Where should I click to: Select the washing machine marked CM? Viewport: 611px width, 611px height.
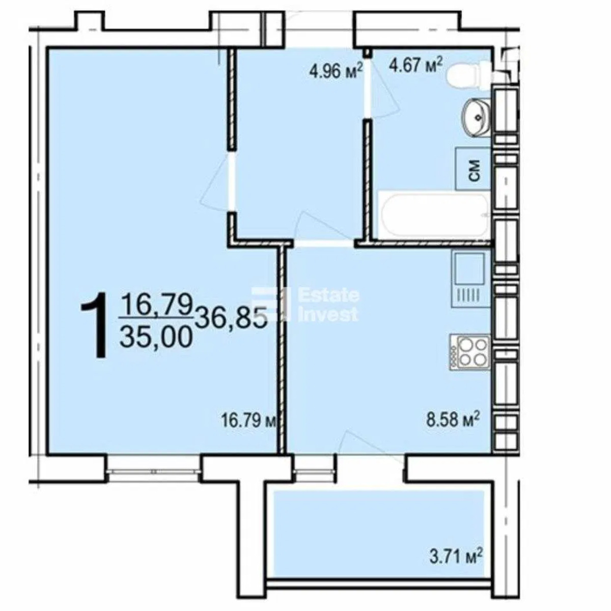click(x=473, y=169)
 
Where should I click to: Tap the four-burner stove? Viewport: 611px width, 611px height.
click(x=469, y=352)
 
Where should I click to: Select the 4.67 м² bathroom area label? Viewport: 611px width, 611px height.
click(x=415, y=66)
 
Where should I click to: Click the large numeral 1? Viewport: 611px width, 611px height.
click(x=95, y=326)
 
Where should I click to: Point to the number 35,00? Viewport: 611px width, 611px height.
click(x=157, y=338)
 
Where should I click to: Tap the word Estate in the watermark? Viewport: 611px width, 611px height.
click(x=329, y=295)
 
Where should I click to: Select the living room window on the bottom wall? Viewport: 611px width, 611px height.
click(x=153, y=471)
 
